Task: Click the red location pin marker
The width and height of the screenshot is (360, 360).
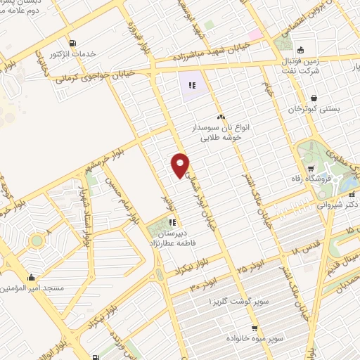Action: click(180, 165)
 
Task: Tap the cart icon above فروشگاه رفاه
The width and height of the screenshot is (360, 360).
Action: click(311, 168)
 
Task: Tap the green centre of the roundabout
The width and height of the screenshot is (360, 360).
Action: click(37, 241)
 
